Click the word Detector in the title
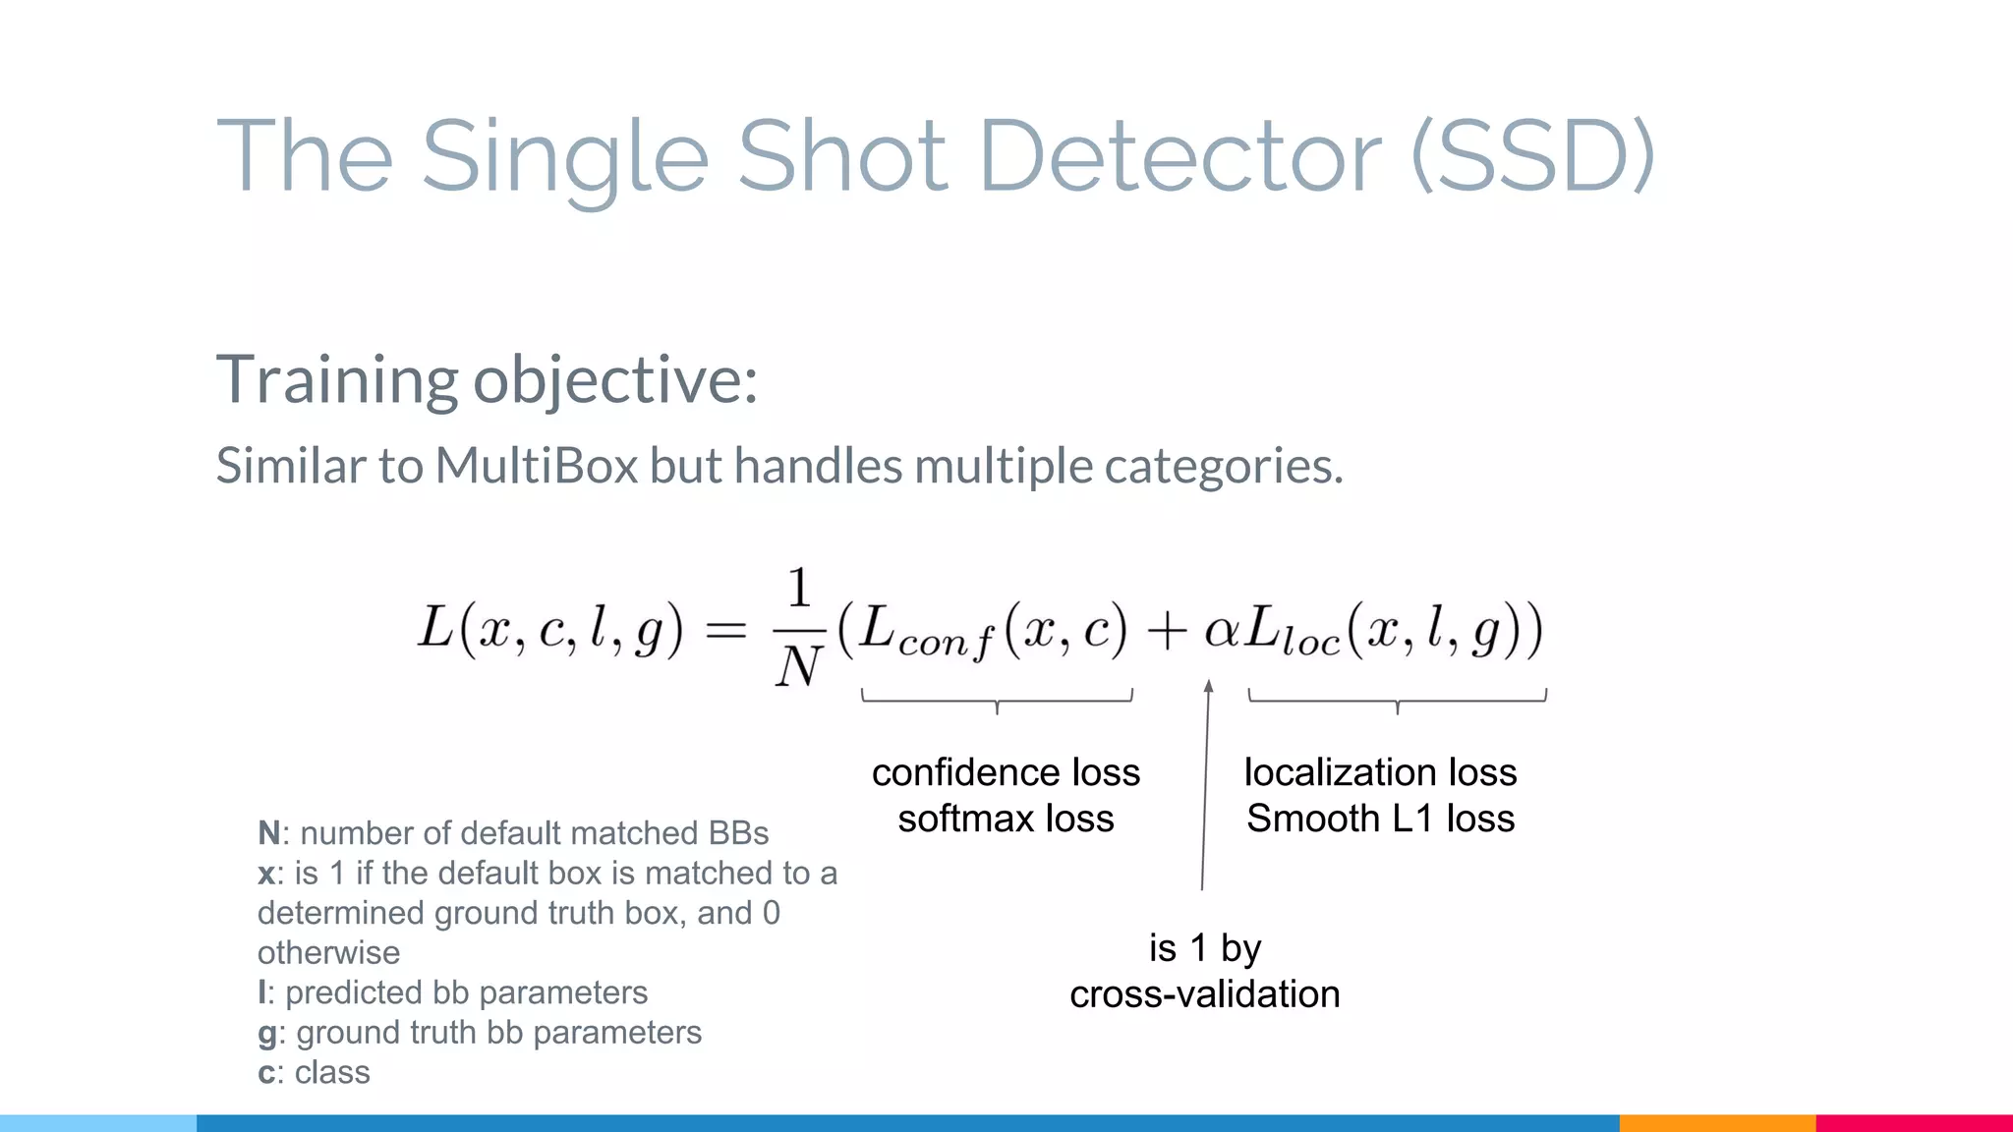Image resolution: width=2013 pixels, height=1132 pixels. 1179,155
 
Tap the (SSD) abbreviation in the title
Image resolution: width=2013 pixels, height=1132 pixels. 1532,155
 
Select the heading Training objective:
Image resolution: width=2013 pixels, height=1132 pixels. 487,380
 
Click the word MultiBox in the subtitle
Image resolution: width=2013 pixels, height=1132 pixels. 537,466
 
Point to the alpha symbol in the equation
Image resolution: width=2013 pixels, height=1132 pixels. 1222,630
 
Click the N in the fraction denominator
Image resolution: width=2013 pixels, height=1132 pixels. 798,667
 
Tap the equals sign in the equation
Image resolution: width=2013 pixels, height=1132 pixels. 726,630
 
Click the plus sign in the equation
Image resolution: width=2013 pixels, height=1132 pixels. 1166,630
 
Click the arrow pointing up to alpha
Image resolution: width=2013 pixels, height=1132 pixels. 1206,786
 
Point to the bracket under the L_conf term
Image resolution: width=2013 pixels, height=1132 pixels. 997,700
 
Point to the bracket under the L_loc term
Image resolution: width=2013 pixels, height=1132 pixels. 1397,700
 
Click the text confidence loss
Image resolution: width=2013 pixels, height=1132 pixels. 1006,772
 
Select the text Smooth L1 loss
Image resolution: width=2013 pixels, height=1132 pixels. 1380,819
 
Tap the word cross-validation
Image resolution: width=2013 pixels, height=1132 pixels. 1204,994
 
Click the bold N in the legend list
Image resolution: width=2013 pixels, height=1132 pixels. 268,833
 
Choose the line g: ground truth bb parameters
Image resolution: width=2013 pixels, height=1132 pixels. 480,1033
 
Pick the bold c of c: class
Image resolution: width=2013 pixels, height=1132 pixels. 265,1073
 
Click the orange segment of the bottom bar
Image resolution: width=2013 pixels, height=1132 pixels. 1717,1122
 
